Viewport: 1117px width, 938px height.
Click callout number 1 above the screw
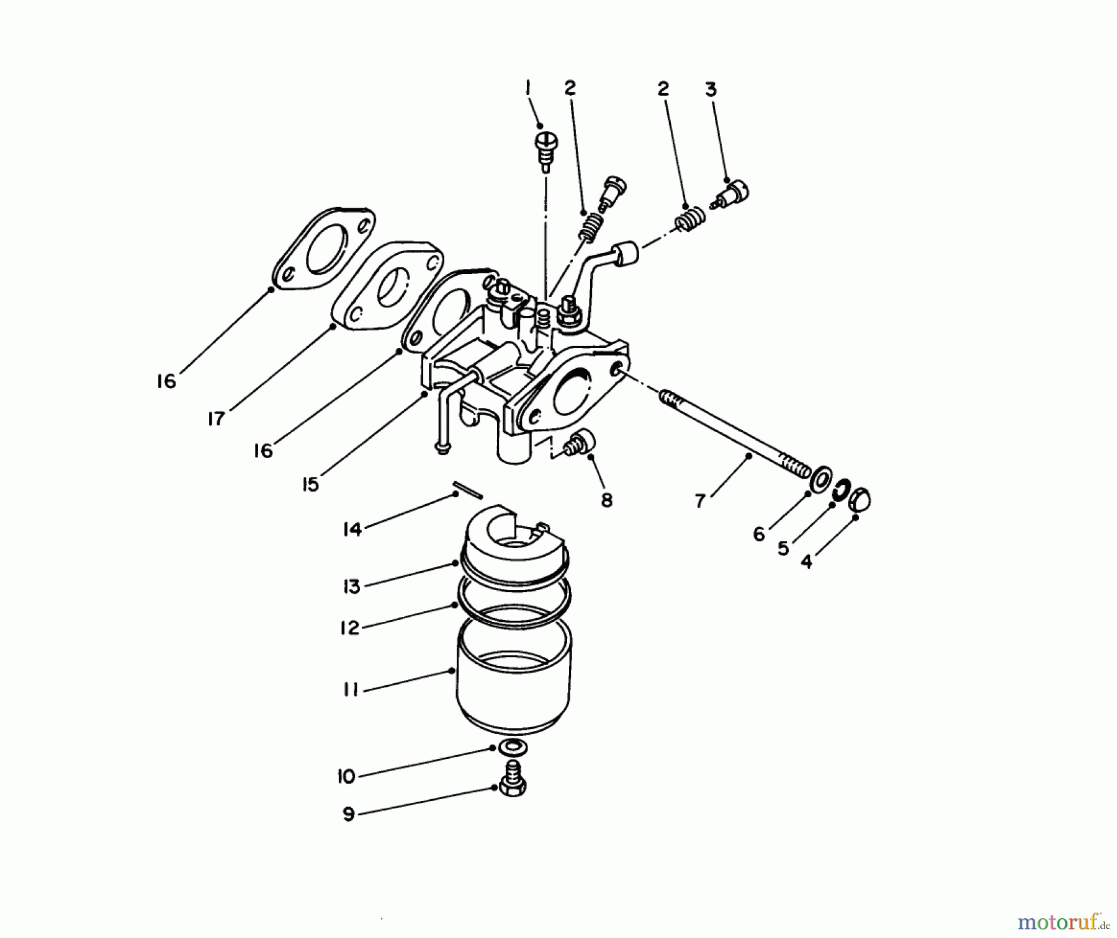click(528, 89)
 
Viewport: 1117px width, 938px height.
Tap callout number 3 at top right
click(711, 89)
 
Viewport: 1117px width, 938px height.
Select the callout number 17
click(215, 420)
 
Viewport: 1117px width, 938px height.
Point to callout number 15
click(310, 484)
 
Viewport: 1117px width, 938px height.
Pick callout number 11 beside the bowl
click(351, 689)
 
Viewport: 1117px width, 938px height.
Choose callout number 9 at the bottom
click(349, 814)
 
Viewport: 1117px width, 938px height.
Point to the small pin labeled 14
click(467, 489)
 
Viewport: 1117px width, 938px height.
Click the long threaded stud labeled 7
click(732, 434)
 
